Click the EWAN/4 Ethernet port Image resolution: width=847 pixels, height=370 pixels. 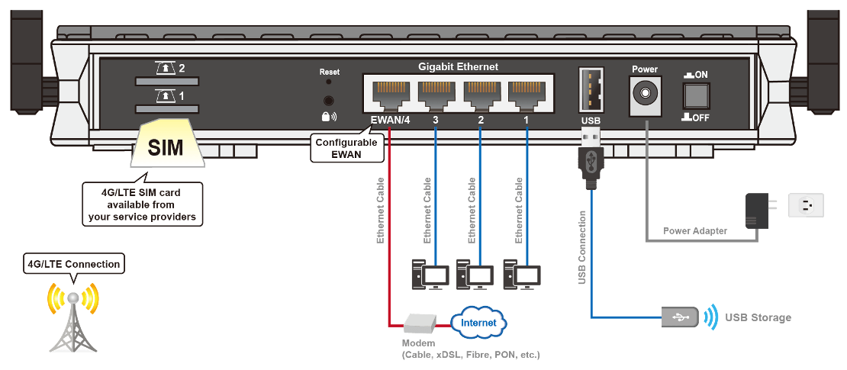point(390,95)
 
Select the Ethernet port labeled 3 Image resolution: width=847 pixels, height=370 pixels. point(435,95)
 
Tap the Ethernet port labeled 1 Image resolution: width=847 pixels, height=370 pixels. point(527,95)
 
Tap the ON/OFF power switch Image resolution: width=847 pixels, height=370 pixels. point(697,95)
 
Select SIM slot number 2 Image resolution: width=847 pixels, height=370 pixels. point(168,80)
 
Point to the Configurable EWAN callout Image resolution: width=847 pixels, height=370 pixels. point(347,148)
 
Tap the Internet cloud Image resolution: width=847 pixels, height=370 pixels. point(478,323)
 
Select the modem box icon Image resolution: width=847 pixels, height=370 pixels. point(420,324)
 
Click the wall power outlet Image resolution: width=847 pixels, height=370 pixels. point(810,204)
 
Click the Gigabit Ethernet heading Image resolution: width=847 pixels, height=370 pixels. point(458,67)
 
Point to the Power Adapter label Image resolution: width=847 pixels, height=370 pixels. point(695,230)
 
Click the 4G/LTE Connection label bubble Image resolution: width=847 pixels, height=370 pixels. point(73,265)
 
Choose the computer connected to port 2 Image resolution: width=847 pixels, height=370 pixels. point(473,275)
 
